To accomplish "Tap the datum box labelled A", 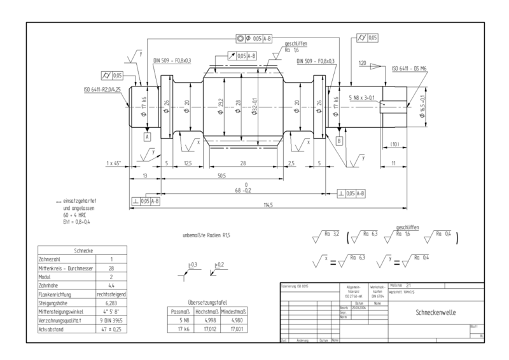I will click(147, 136).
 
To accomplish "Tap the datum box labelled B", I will click(339, 140).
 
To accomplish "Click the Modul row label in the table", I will click(46, 277).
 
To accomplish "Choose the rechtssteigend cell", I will click(111, 294).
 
